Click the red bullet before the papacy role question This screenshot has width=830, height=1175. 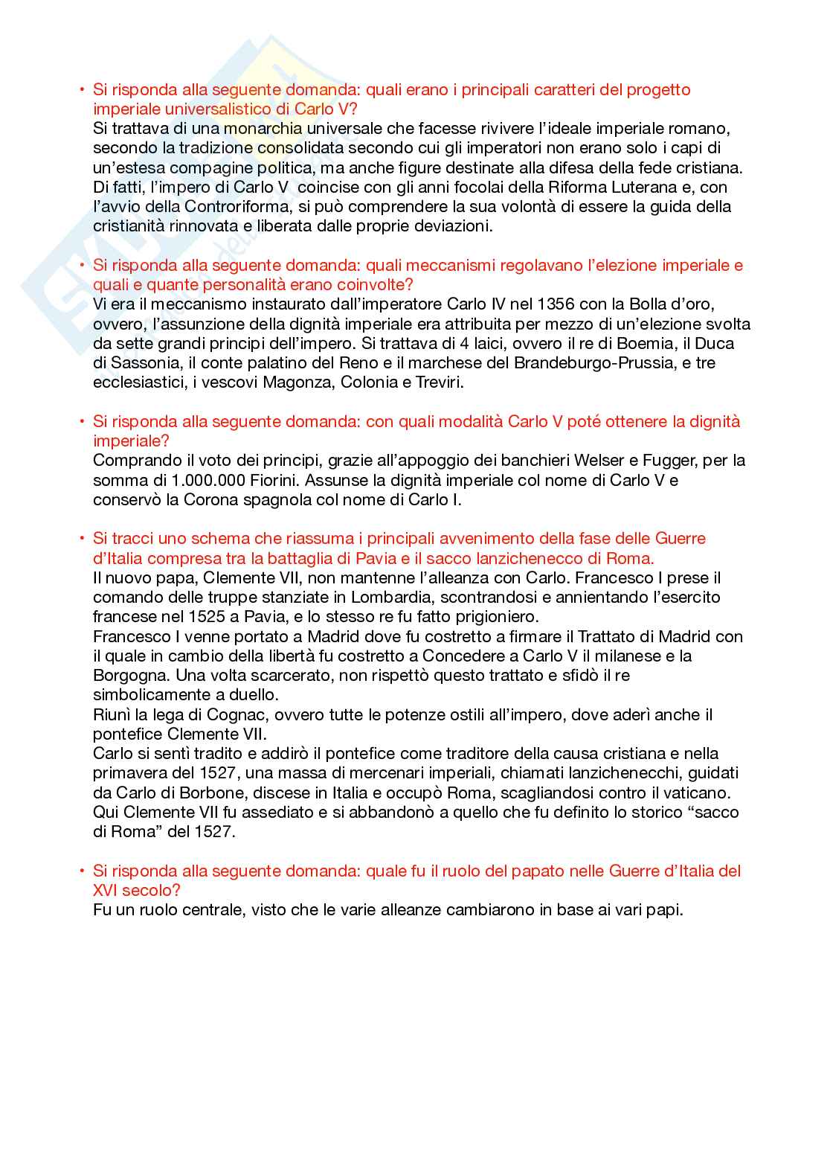click(x=82, y=871)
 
